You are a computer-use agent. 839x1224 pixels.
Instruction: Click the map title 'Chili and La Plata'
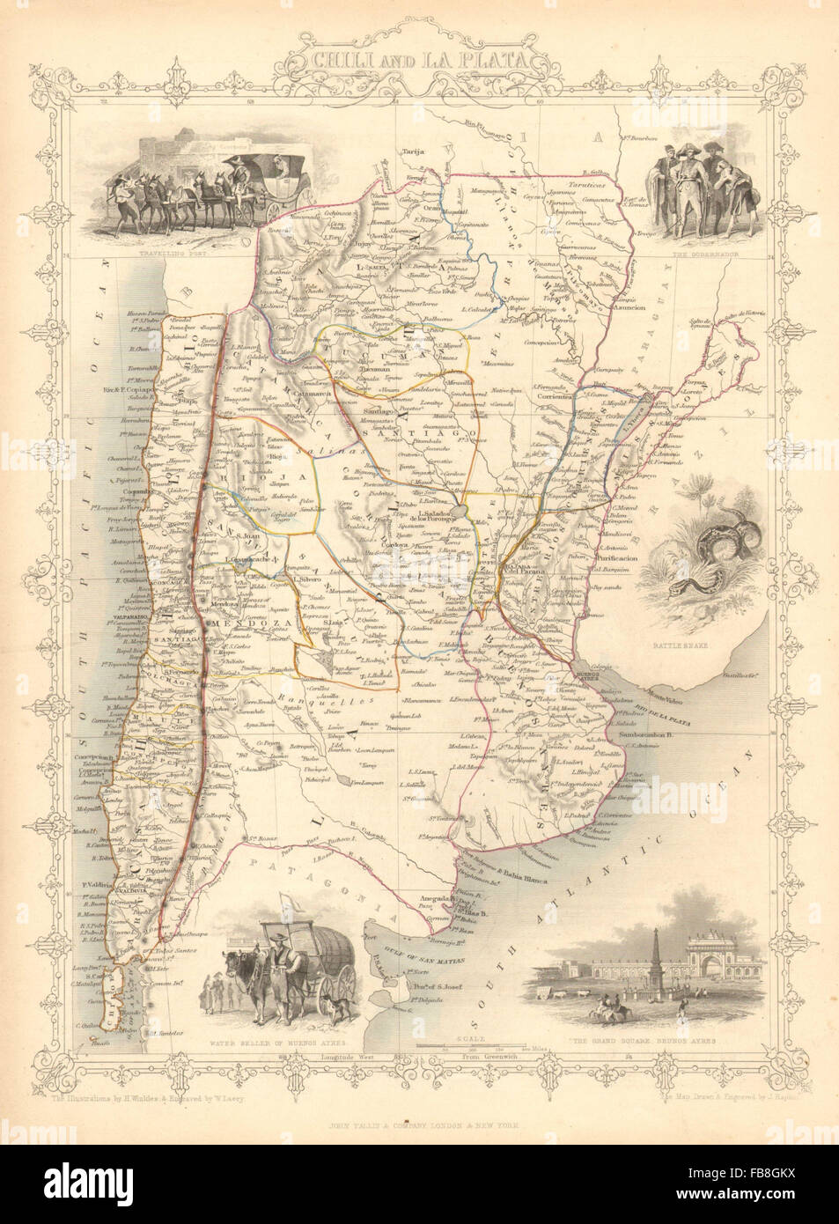pyautogui.click(x=420, y=62)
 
